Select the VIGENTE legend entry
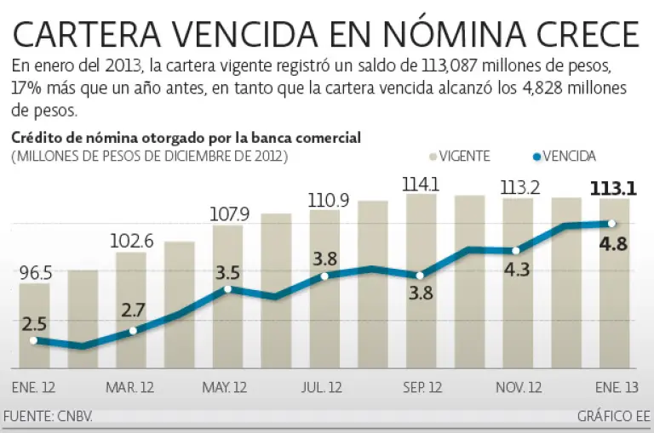coord(460,156)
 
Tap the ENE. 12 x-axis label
coord(33,388)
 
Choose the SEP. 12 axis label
coord(423,388)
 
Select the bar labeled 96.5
coord(34,328)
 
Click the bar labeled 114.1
coord(421,281)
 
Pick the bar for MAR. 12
coord(131,311)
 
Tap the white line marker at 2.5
coord(34,340)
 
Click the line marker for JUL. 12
coord(324,276)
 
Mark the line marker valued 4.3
coord(517,250)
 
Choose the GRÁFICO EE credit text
coord(612,417)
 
